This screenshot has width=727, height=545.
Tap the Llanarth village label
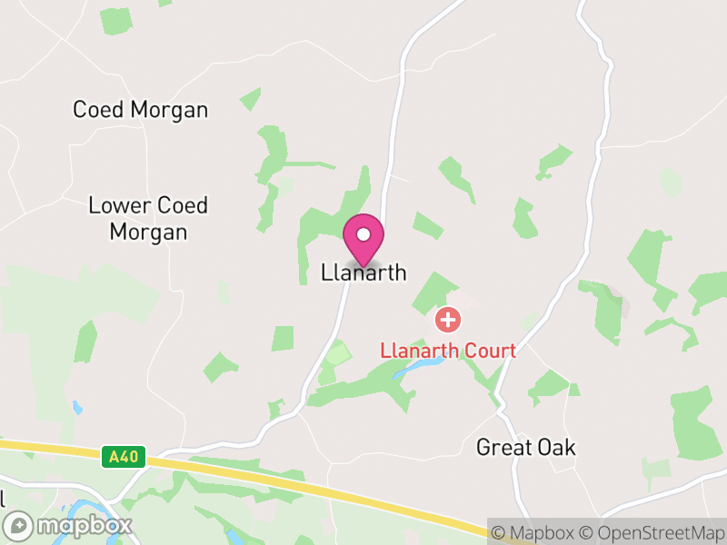tap(363, 272)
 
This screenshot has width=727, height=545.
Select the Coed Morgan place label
tap(141, 110)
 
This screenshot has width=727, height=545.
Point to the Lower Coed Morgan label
tap(148, 218)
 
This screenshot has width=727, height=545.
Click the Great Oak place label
tap(526, 448)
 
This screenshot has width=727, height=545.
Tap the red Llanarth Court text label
tap(448, 351)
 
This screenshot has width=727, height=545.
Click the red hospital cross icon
tap(447, 320)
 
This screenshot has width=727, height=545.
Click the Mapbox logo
tap(69, 525)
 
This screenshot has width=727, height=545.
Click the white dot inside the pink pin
tap(363, 234)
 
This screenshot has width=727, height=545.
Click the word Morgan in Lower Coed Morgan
tap(148, 232)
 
